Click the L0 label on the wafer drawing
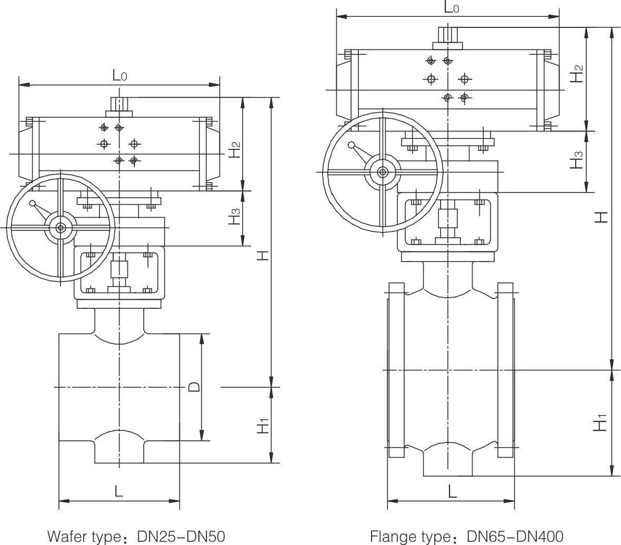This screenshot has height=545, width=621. [x=120, y=76]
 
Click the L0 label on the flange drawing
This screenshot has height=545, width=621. [x=452, y=7]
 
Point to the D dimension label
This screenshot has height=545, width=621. [x=194, y=387]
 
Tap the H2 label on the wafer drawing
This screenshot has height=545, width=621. [x=235, y=149]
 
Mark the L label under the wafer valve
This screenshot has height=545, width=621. [x=119, y=491]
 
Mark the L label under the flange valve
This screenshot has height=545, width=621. [x=452, y=491]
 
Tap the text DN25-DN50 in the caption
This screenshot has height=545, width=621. [x=181, y=537]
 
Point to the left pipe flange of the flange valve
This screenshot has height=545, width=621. [x=396, y=370]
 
